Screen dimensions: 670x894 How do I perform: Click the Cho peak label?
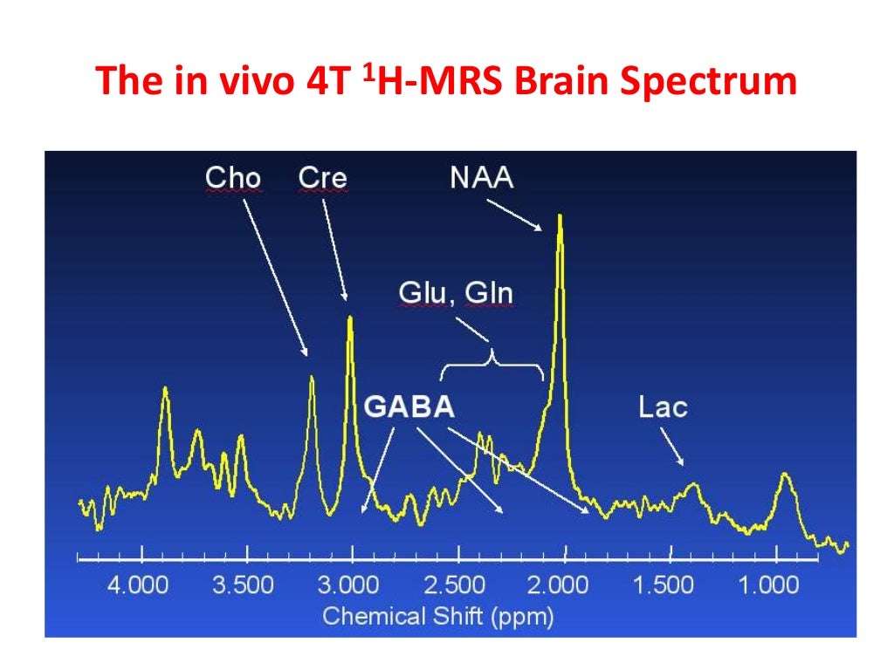coord(232,178)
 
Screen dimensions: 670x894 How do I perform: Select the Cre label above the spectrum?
coord(322,178)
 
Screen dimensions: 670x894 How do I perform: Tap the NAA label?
coord(482,178)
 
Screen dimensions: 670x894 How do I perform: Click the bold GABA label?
coord(409,407)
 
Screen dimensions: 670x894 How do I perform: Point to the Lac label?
coord(663,407)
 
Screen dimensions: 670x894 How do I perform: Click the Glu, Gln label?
coord(456,293)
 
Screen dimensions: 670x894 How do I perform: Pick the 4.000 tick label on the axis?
coord(138,585)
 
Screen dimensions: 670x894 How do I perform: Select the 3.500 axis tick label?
coord(244,585)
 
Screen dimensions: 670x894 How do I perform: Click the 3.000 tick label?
coord(349,585)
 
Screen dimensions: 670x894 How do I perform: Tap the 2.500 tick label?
coord(455,585)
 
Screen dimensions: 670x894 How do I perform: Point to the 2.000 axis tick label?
coord(560,585)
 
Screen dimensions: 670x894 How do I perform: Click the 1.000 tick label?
coord(769,585)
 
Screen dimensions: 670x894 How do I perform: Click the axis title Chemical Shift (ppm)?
coord(438,617)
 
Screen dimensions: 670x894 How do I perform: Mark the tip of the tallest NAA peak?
coord(560,215)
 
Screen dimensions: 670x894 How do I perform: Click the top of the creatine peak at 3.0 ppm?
coord(350,318)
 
